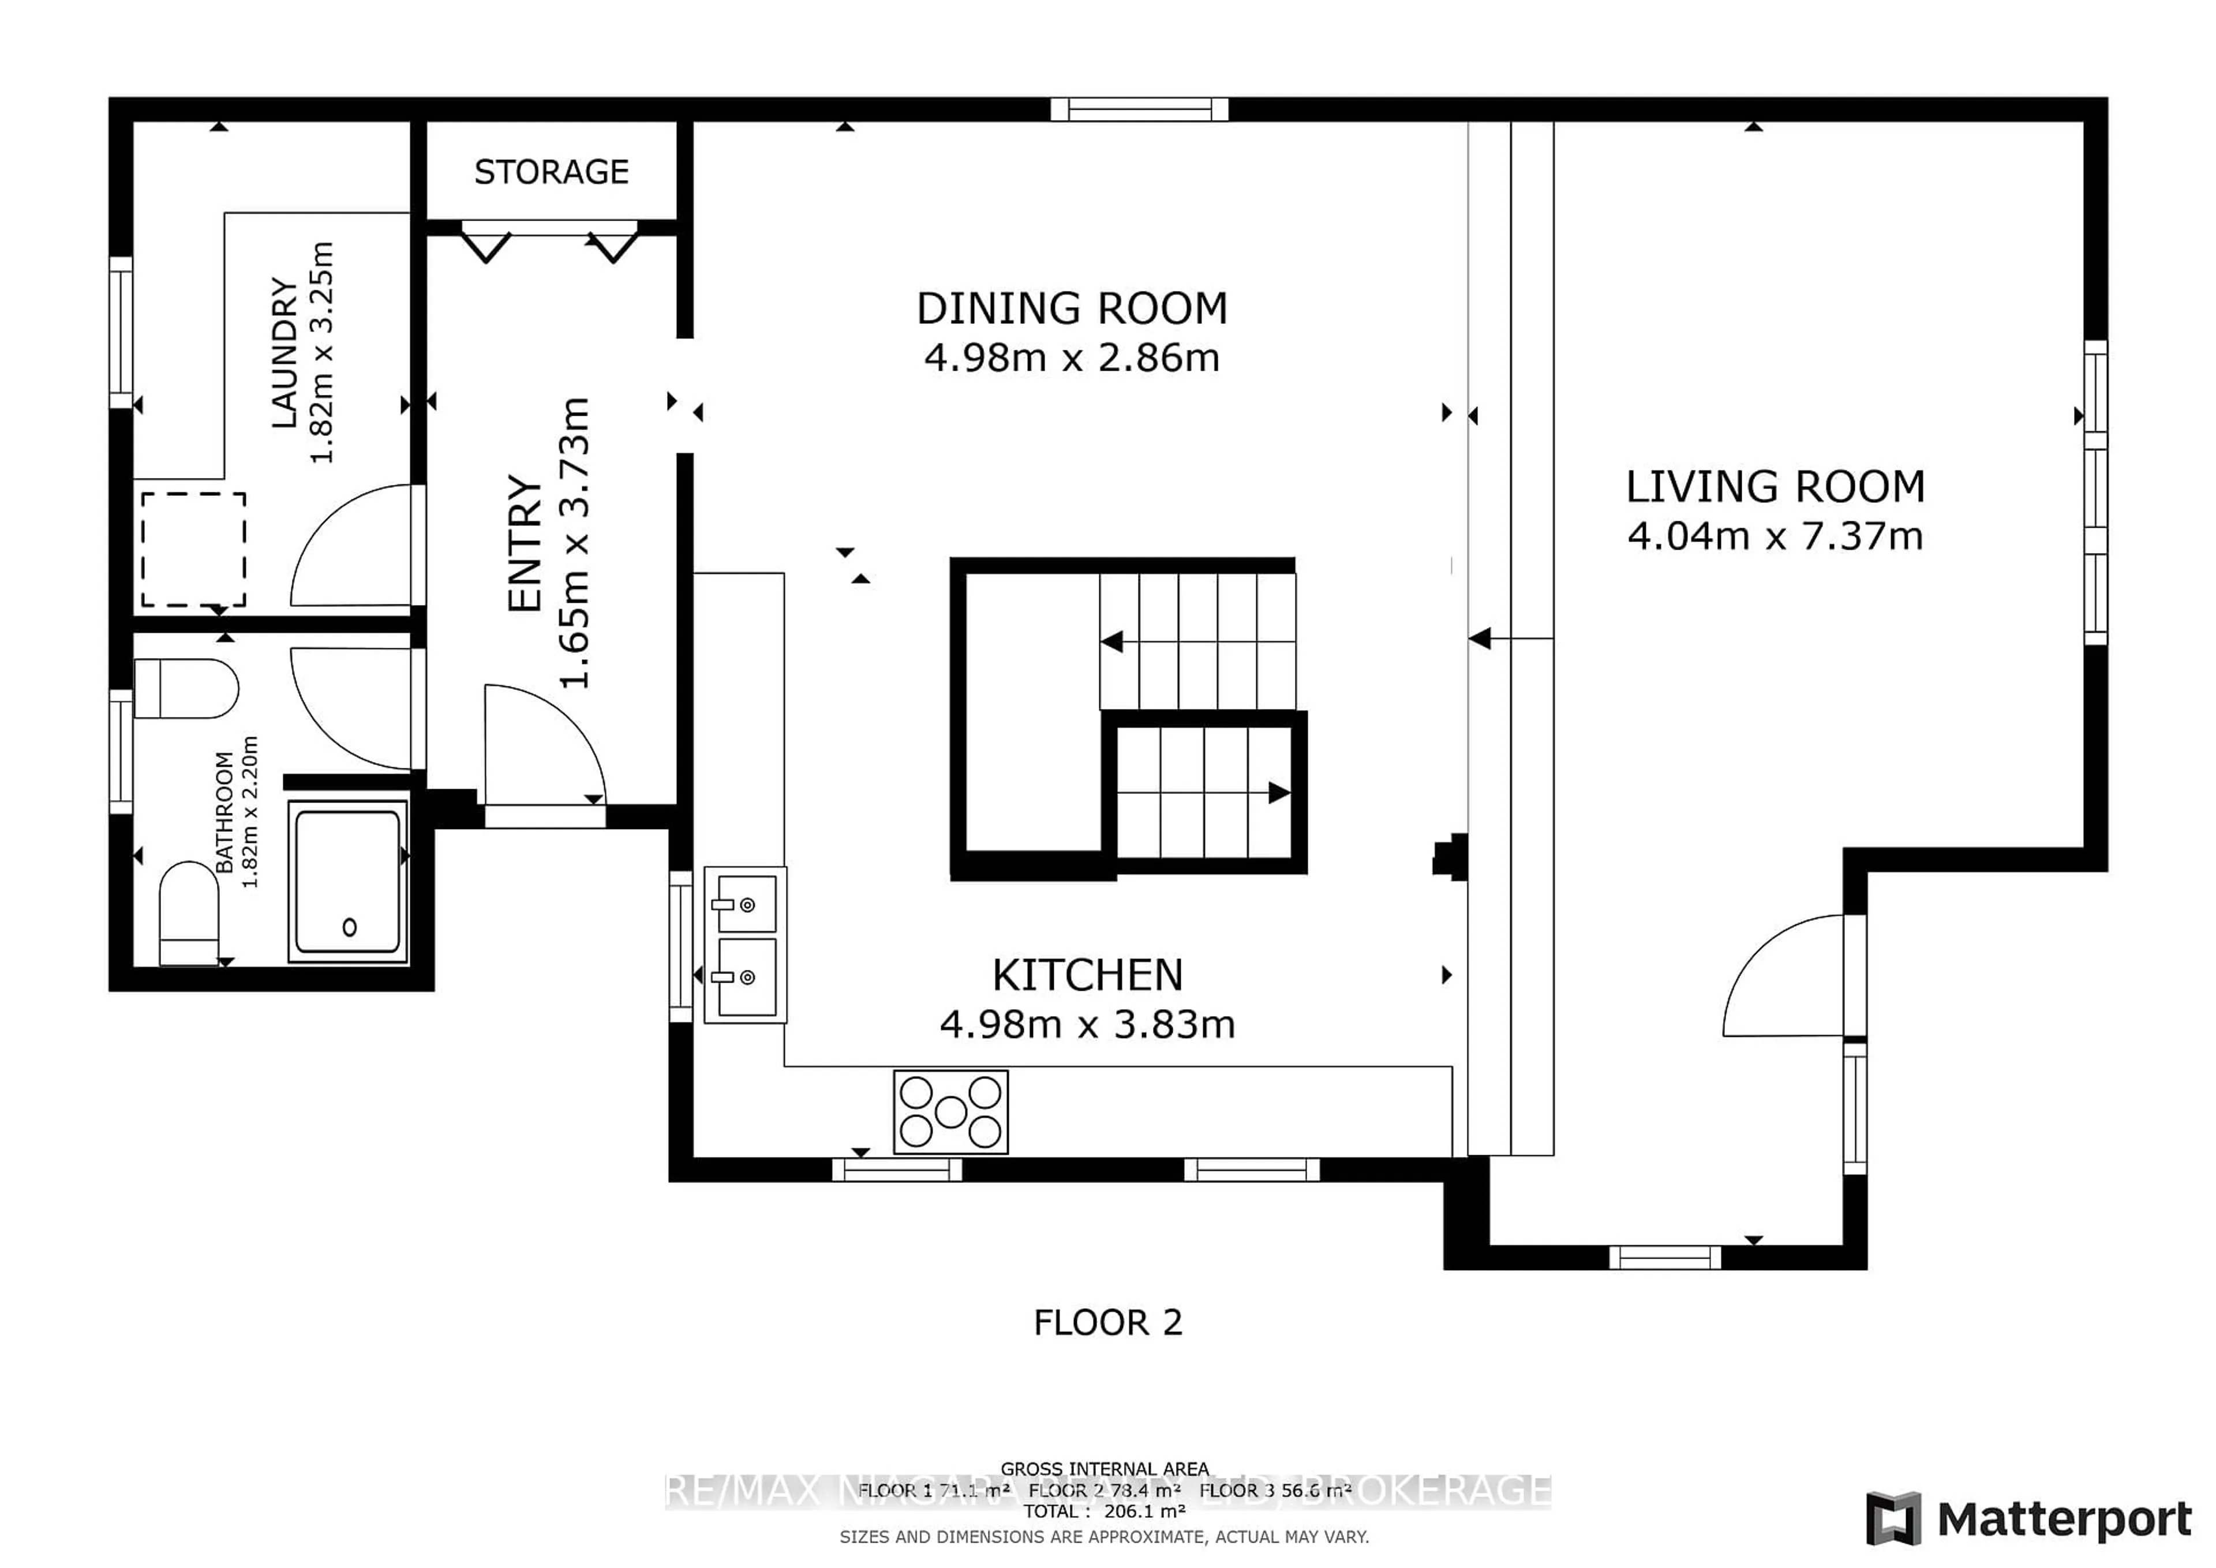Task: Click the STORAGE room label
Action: click(551, 172)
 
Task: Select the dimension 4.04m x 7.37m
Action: click(1775, 537)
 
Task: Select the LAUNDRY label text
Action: click(284, 352)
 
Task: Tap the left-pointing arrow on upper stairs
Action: click(1112, 641)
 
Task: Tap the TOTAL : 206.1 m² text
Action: click(1104, 1511)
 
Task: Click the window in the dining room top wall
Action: click(1139, 109)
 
